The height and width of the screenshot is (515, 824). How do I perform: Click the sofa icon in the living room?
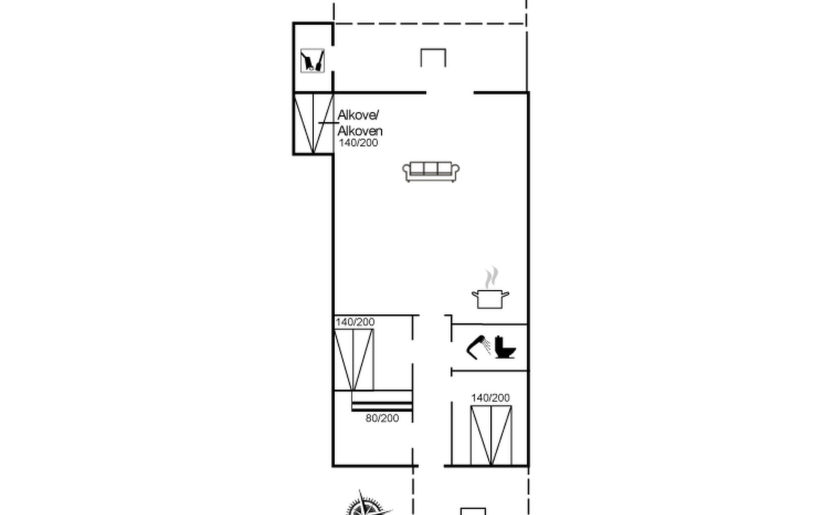[x=431, y=172]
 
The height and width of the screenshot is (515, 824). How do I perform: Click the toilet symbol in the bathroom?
[x=505, y=347]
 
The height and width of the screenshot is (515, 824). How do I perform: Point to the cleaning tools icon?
[x=312, y=61]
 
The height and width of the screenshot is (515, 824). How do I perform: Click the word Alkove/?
[x=358, y=115]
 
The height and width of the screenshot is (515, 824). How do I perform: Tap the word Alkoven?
[x=360, y=130]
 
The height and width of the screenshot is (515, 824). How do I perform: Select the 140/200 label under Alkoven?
[x=358, y=143]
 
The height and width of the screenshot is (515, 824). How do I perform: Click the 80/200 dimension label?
[x=382, y=418]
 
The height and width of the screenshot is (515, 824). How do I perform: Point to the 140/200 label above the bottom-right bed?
[x=490, y=398]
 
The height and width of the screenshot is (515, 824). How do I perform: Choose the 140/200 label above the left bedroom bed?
[x=355, y=322]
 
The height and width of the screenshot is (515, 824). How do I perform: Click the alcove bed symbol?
[x=314, y=124]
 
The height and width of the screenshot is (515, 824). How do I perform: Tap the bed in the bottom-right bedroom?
[x=491, y=435]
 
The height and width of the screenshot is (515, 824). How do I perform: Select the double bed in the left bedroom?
[x=354, y=360]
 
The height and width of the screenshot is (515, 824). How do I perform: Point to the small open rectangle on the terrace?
[x=433, y=49]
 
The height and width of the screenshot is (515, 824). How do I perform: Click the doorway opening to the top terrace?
[x=450, y=92]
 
